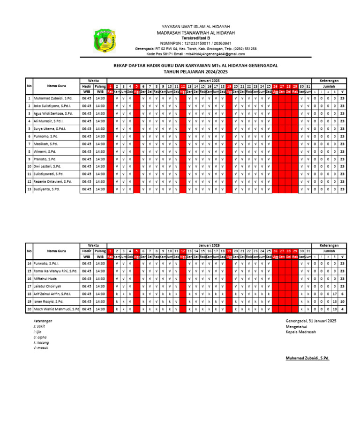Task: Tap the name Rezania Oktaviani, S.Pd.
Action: pyautogui.click(x=52, y=181)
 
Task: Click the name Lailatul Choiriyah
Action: pyautogui.click(x=48, y=286)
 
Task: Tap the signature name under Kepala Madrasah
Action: pyautogui.click(x=307, y=358)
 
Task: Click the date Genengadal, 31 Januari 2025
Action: pyautogui.click(x=311, y=321)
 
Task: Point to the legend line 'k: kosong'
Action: pyautogui.click(x=41, y=342)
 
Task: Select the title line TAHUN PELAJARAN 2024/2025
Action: pyautogui.click(x=195, y=72)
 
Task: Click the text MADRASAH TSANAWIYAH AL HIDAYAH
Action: pyautogui.click(x=195, y=32)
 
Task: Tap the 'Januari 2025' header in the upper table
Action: pyautogui.click(x=209, y=81)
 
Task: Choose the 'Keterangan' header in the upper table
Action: pyautogui.click(x=329, y=81)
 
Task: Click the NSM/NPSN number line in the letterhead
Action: pyautogui.click(x=195, y=43)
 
